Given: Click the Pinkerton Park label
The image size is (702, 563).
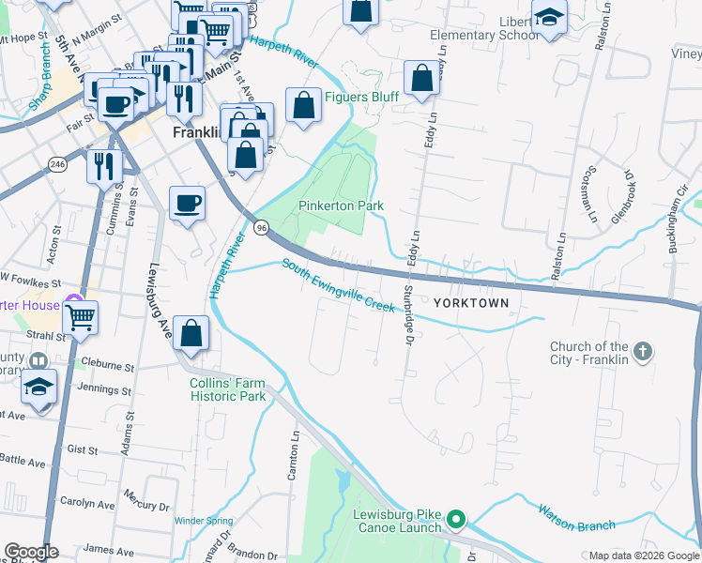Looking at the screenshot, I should (342, 205).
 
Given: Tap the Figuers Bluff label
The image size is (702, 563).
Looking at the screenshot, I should (361, 98).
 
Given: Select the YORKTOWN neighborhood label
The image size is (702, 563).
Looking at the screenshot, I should (471, 303).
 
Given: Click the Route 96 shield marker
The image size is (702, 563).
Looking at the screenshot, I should (262, 227).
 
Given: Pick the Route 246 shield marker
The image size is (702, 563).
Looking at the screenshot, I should (58, 164).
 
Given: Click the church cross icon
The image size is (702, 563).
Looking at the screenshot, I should (643, 352).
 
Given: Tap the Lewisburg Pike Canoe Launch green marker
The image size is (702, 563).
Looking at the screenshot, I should (456, 518).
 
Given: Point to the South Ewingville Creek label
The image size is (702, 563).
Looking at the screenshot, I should (338, 285).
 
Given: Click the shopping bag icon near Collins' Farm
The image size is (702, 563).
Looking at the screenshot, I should (191, 335).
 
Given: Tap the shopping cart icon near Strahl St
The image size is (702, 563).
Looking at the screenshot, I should (80, 318).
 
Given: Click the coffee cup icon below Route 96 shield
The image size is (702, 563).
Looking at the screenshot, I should (187, 203).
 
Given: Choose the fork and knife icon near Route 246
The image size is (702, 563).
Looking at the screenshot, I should (104, 166).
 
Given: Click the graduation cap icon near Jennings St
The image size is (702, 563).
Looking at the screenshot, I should (39, 387).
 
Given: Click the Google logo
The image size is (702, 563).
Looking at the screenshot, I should (32, 553).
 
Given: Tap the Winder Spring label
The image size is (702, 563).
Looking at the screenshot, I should (203, 520).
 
